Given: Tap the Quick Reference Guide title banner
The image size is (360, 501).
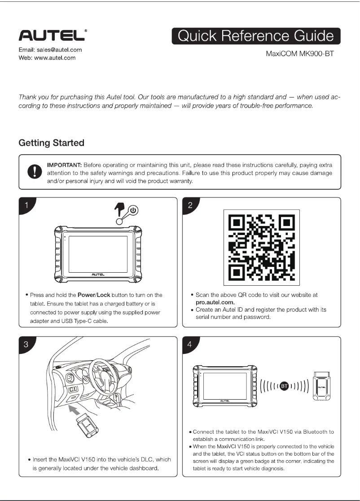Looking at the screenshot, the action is pos(256,36).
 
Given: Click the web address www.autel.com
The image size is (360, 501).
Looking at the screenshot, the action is pos(55,58).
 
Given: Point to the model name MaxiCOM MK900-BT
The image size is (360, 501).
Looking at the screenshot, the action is pos(299,54).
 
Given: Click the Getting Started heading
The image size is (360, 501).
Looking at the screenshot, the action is pos(52,143).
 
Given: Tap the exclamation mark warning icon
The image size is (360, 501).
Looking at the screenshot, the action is pos(35,172).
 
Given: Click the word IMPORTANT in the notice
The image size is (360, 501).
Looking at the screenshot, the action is pos(64,165).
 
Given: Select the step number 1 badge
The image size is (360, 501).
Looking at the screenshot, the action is pos(26,205).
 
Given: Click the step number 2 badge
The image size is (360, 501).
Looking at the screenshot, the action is pos(190,205).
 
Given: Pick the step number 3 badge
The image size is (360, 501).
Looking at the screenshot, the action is pos(26,344).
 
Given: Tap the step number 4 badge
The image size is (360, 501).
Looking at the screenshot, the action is pos(190,344).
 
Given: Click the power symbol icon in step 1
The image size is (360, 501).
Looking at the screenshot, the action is pos(133,211).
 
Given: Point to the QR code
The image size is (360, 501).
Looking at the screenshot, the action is pos(262,247).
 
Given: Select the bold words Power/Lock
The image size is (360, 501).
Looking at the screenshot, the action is pos(94,295).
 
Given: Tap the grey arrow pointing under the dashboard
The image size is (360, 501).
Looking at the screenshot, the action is pos(75,410).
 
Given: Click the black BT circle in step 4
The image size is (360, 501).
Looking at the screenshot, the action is pos(284,386).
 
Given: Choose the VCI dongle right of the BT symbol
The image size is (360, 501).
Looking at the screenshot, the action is pos(321,386).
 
